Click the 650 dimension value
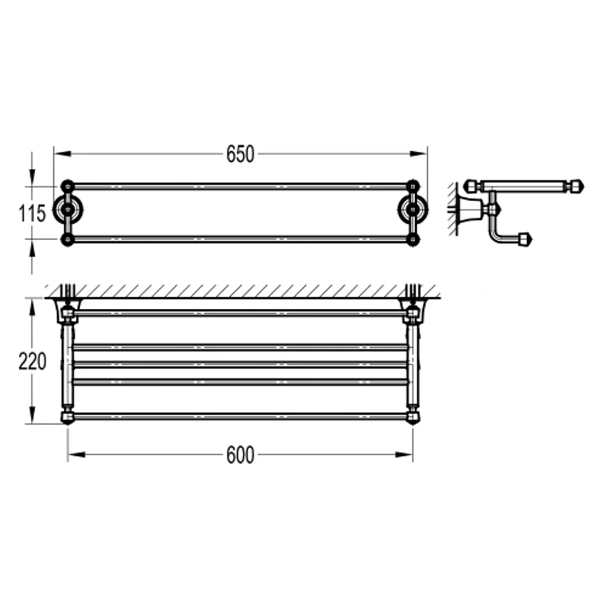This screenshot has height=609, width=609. click(240, 155)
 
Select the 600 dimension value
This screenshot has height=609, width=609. click(240, 455)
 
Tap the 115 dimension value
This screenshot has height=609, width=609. click(31, 213)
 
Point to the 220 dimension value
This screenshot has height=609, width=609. click(31, 361)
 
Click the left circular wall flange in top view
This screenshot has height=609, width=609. click(68, 211)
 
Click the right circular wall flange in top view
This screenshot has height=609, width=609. click(413, 211)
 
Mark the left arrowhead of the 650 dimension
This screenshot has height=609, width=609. click(59, 155)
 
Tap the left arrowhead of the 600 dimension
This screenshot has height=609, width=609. click(73, 455)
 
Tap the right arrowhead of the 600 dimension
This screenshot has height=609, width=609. click(407, 455)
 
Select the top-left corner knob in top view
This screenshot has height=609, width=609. click(68, 185)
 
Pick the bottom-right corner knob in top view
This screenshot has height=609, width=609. click(413, 239)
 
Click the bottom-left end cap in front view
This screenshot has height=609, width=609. click(68, 416)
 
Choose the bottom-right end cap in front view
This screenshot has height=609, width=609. click(413, 416)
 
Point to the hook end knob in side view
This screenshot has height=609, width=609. click(525, 240)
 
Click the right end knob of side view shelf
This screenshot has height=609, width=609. click(576, 186)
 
